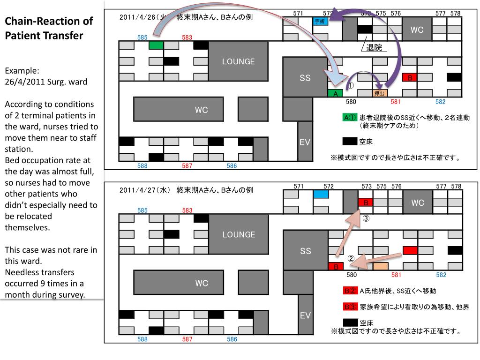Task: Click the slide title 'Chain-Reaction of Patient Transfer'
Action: pyautogui.click(x=49, y=28)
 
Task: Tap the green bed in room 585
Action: pyautogui.click(x=156, y=45)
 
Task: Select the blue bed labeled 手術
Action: pyautogui.click(x=320, y=21)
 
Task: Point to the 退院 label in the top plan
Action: pyautogui.click(x=374, y=48)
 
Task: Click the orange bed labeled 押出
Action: pyautogui.click(x=380, y=93)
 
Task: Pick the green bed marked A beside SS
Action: pyautogui.click(x=335, y=93)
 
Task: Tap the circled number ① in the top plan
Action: pyautogui.click(x=350, y=86)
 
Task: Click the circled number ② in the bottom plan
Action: pyautogui.click(x=351, y=258)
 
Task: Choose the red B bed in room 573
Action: pyautogui.click(x=365, y=202)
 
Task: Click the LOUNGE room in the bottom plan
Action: pyautogui.click(x=239, y=234)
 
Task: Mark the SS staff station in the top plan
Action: pyautogui.click(x=305, y=78)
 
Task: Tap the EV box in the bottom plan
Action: pyautogui.click(x=305, y=315)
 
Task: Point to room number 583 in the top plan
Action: pyautogui.click(x=187, y=37)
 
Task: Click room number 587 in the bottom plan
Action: pyautogui.click(x=187, y=339)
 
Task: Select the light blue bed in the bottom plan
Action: pyautogui.click(x=320, y=194)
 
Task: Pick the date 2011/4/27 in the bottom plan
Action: pyautogui.click(x=139, y=190)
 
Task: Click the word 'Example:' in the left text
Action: pyautogui.click(x=22, y=71)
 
